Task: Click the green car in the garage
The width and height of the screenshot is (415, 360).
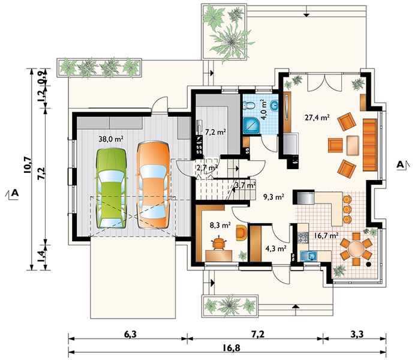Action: tap(111, 188)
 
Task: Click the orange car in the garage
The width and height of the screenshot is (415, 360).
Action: tap(153, 185)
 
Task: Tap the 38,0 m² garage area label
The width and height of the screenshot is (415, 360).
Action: tap(111, 139)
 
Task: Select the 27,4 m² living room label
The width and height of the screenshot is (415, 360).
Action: tap(317, 117)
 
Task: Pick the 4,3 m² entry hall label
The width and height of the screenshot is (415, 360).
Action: tap(276, 248)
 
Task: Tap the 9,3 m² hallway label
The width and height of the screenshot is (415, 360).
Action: tap(273, 197)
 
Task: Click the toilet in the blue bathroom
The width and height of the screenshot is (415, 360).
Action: tap(249, 105)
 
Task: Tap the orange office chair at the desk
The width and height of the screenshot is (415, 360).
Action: tap(219, 242)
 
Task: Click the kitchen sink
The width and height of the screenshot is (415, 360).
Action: tap(309, 256)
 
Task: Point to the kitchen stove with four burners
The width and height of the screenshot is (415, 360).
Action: tap(303, 238)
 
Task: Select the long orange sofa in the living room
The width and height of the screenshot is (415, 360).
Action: tap(370, 145)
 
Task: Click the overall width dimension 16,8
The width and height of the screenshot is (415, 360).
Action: tap(233, 347)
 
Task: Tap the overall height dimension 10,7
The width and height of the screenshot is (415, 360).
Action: tap(28, 165)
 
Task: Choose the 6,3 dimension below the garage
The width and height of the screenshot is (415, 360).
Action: tap(130, 334)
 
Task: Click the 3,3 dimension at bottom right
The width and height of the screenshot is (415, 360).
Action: tap(357, 334)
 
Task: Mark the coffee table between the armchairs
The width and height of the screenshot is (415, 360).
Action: tap(353, 145)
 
